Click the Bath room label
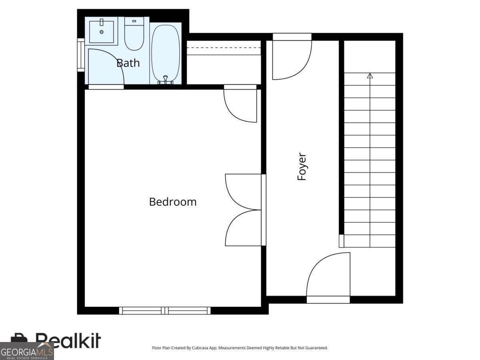point(128,63)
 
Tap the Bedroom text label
point(173,202)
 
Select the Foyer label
point(302,166)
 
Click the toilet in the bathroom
point(134,34)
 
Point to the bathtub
point(166,53)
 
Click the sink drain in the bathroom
point(102,32)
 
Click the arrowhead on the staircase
point(370,76)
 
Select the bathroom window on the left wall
point(81,55)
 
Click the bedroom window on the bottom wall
point(165,310)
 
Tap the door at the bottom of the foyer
point(328,278)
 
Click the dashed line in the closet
point(224,48)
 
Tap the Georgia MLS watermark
point(27,351)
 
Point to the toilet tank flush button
point(134,21)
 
